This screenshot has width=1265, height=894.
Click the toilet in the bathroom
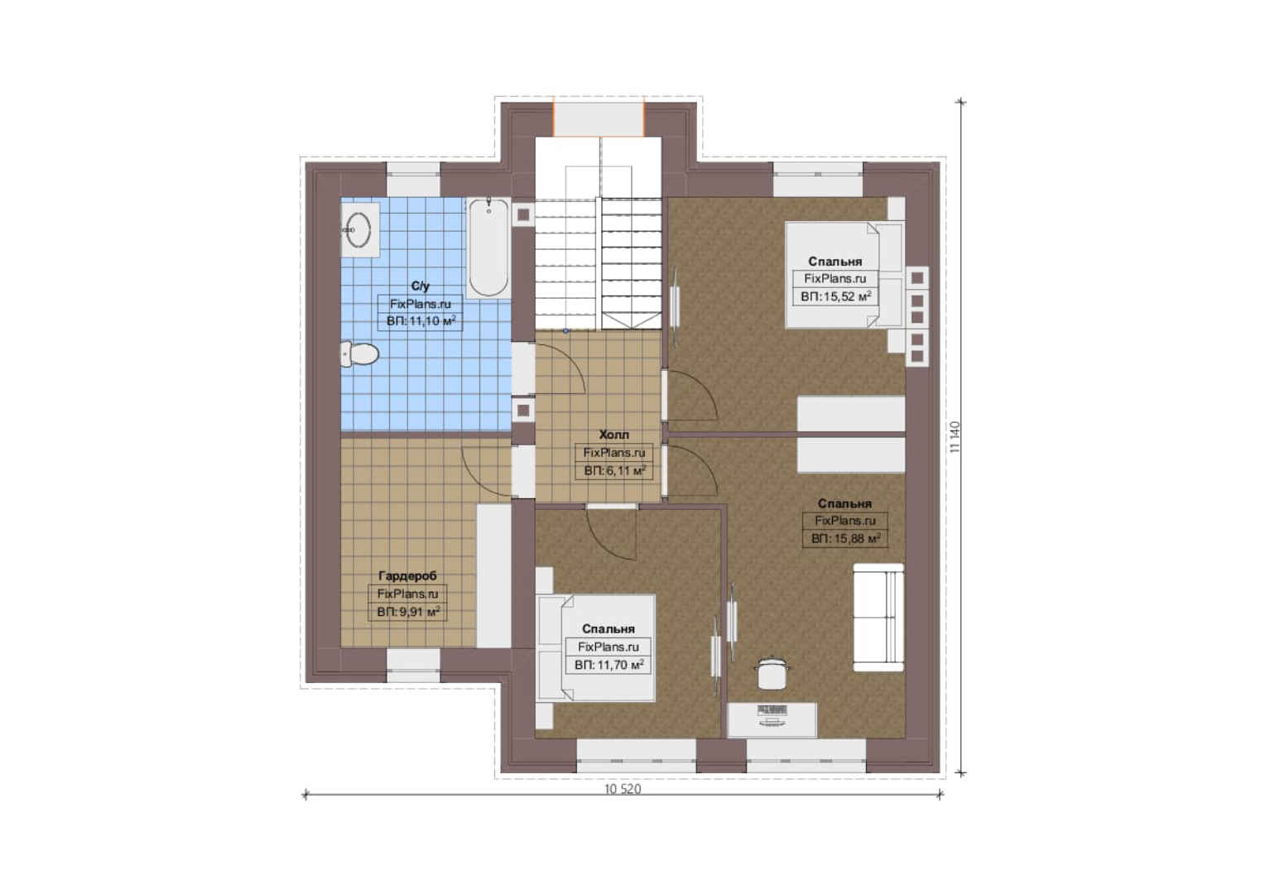pyautogui.click(x=359, y=354)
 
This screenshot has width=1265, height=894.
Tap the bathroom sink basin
pyautogui.click(x=358, y=230)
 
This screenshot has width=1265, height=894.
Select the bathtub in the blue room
pyautogui.click(x=488, y=248)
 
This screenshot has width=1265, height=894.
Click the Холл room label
pyautogui.click(x=613, y=435)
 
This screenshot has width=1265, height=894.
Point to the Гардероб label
pyautogui.click(x=408, y=576)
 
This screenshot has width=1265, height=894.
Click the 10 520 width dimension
pyautogui.click(x=623, y=789)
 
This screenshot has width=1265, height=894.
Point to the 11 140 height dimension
pyautogui.click(x=955, y=437)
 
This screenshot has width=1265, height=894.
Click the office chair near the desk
pyautogui.click(x=772, y=673)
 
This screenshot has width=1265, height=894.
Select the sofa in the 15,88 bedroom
pyautogui.click(x=878, y=618)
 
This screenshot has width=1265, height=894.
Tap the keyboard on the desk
pyautogui.click(x=772, y=709)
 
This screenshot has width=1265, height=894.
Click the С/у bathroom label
pyautogui.click(x=421, y=286)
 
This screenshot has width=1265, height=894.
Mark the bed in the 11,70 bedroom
pyautogui.click(x=595, y=648)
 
